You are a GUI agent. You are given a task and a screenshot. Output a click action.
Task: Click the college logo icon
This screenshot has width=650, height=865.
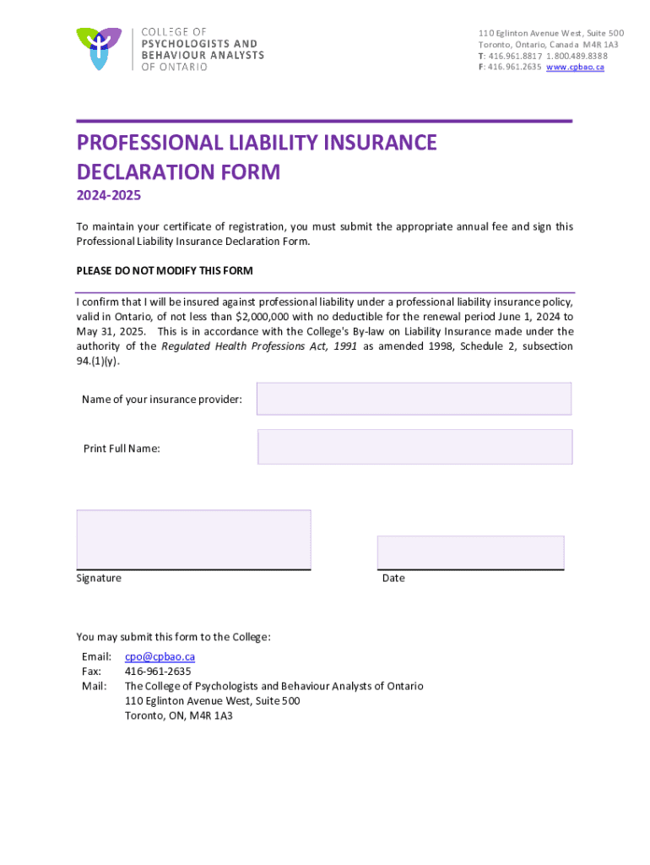coord(99,48)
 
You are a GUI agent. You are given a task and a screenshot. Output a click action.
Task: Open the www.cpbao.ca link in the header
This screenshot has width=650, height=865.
coord(575,68)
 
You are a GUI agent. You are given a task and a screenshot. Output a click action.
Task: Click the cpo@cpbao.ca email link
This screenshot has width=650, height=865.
coord(160,656)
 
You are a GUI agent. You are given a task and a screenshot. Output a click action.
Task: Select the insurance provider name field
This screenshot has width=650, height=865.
coord(414,399)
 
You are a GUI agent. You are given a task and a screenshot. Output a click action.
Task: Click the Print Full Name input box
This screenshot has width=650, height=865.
coord(414,447)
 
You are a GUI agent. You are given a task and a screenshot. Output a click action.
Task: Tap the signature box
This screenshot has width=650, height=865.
coord(193,539)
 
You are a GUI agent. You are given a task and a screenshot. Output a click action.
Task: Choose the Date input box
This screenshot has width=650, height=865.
coord(470,552)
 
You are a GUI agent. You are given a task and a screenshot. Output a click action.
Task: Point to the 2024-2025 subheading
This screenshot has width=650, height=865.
coord(109,197)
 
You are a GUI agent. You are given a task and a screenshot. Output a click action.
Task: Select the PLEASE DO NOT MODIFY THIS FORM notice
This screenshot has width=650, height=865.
coord(165,271)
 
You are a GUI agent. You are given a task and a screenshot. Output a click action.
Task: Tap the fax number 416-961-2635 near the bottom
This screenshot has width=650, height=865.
coord(158,672)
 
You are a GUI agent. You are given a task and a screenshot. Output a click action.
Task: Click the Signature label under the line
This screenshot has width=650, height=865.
coord(99,579)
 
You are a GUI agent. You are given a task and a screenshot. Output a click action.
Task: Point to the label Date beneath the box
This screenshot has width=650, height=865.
coord(393,579)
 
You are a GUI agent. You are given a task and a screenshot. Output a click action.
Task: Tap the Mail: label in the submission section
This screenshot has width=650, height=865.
coord(94,686)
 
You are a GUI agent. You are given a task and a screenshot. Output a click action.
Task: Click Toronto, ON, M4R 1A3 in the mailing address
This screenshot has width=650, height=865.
coord(179,715)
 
